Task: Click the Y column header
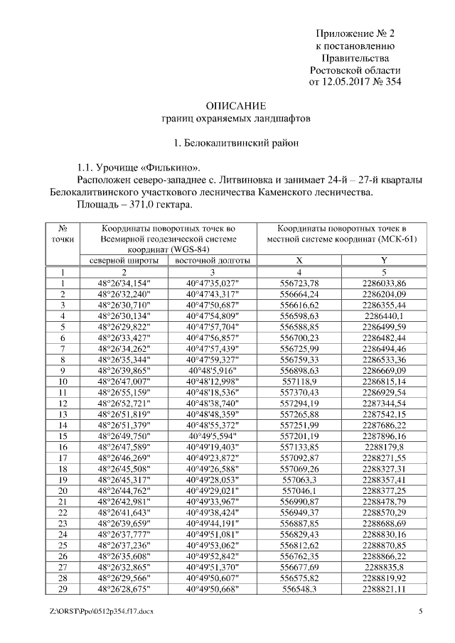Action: click(x=384, y=261)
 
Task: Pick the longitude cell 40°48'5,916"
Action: click(x=211, y=370)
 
